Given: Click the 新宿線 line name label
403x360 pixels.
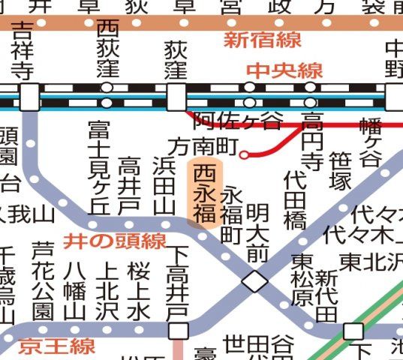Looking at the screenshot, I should pos(257,39).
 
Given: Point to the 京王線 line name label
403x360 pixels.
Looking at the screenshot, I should pos(67,347).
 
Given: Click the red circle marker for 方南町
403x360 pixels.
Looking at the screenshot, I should pos(245,155).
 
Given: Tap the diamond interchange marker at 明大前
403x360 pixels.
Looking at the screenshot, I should pos(254,281).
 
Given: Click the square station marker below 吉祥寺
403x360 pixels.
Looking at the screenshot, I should pos(29,97).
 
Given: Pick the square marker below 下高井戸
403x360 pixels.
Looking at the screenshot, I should pos(178,330).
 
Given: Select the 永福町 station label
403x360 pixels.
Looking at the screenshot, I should pos(230,214).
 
